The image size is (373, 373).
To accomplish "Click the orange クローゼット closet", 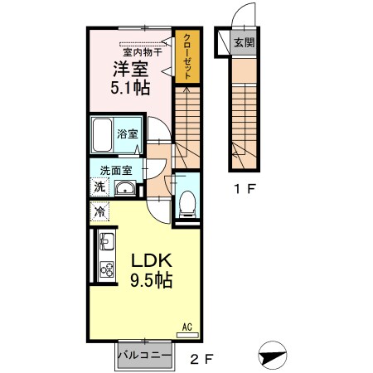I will pos(186,56).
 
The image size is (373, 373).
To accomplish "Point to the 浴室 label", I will pos(126,133).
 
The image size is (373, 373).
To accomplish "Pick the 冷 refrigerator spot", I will pos(98,212).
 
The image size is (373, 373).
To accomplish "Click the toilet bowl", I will pos(188,201).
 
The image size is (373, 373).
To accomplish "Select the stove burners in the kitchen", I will pos(106,269).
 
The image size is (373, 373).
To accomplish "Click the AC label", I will pos(187,328).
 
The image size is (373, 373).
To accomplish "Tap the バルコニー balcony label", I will pos(144,355).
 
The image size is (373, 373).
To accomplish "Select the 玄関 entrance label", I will pos(243,43).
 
